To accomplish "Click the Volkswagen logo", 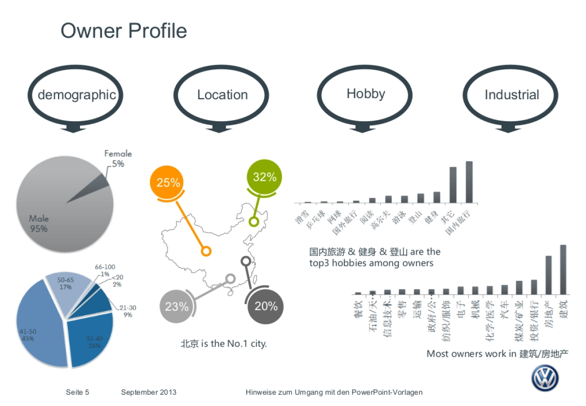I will pos(545,378).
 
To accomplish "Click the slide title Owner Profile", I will pos(124,31).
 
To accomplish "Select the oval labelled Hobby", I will pos(366,94).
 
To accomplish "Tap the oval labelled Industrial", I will pos(511,95).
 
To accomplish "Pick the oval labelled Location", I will pos(222,95).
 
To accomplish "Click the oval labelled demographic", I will pos(77,95).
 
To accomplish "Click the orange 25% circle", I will pos(168,183).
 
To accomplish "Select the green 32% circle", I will pos(265,177).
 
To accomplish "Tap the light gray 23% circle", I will pos(177,307).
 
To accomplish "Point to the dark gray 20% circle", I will pos(266,306).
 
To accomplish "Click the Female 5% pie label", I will pos(118,159).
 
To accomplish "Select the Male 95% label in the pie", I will pos(39,224).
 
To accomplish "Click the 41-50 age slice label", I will pos(28,335).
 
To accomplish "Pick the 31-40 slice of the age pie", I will pos(93,342).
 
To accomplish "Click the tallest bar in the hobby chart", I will pos(469,182).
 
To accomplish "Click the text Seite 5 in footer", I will pos(78,392).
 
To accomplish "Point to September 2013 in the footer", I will pos(149,392).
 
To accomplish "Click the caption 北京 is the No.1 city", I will pos(224,343).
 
